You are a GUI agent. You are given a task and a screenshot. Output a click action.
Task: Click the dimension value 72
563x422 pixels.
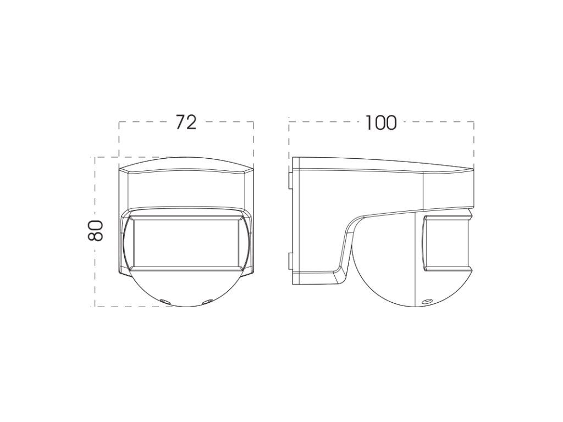coord(186,123)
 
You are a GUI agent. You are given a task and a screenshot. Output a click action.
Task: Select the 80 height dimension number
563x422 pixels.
coord(96,230)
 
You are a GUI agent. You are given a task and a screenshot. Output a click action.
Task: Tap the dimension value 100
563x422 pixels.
coord(381,123)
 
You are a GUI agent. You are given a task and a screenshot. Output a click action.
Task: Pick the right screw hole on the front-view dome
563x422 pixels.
coord(207,302)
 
